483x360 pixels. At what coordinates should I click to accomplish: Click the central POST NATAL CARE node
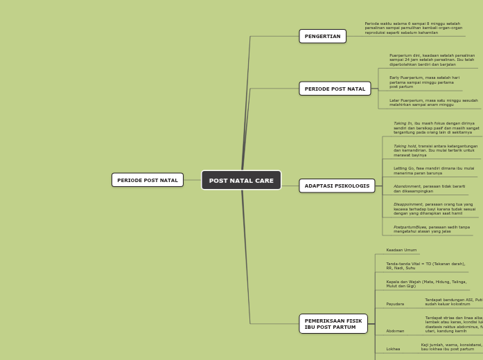pyautogui.click(x=241, y=181)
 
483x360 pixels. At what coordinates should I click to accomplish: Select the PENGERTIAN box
pyautogui.click(x=322, y=36)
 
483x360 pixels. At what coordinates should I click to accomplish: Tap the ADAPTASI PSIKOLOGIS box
pyautogui.click(x=337, y=186)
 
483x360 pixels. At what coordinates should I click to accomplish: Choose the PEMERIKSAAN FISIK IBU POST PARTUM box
pyautogui.click(x=333, y=324)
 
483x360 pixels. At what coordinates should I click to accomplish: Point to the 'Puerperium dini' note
pyautogui.click(x=432, y=60)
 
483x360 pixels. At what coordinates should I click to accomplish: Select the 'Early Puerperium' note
pyautogui.click(x=424, y=82)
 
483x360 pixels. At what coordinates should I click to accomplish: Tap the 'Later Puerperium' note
pyautogui.click(x=433, y=102)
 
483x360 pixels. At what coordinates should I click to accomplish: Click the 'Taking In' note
pyautogui.click(x=436, y=127)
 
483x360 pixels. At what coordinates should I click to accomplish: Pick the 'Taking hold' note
pyautogui.click(x=435, y=150)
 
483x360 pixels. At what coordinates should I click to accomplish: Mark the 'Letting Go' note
pyautogui.click(x=434, y=170)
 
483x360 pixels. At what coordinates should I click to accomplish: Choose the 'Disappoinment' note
pyautogui.click(x=434, y=208)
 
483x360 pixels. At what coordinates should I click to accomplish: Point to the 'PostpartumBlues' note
pyautogui.click(x=431, y=229)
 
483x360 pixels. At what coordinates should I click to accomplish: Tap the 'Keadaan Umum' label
pyautogui.click(x=401, y=250)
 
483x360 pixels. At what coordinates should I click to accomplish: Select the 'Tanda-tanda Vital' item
pyautogui.click(x=425, y=266)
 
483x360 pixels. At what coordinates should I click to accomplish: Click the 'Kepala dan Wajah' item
pyautogui.click(x=426, y=284)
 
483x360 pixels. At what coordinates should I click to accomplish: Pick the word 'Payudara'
pyautogui.click(x=395, y=304)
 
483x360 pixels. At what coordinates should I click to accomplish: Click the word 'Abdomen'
pyautogui.click(x=395, y=331)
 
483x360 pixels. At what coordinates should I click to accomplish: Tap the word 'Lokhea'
pyautogui.click(x=393, y=349)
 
